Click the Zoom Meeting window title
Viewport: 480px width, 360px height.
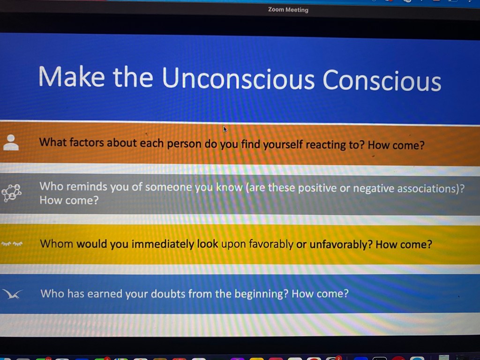point(288,10)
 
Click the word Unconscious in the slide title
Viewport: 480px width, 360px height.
point(238,78)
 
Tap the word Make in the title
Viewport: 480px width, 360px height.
point(72,76)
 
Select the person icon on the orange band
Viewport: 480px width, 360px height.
point(11,142)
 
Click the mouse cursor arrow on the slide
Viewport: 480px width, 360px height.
point(225,129)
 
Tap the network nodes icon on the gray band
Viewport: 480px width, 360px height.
point(12,193)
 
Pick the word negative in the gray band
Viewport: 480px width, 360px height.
point(374,188)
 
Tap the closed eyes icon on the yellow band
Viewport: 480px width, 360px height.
point(12,244)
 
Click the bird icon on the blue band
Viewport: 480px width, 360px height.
point(12,294)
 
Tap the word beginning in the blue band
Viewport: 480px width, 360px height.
point(258,294)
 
